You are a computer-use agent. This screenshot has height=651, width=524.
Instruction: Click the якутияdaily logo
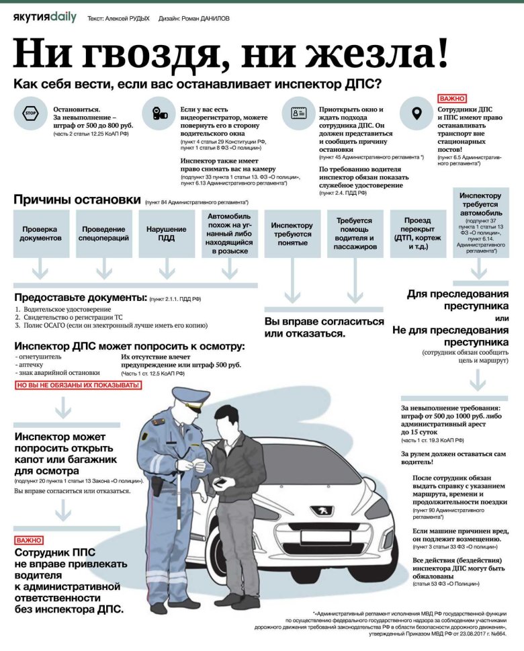[44, 17]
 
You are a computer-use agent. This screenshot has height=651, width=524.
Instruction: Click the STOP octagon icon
[30, 114]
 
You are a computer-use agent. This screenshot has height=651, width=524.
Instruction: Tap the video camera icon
[159, 114]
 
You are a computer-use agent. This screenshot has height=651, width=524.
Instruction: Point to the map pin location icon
[417, 114]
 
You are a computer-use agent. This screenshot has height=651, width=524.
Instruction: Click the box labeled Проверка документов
[40, 233]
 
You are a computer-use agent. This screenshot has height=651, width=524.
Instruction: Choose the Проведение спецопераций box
[103, 233]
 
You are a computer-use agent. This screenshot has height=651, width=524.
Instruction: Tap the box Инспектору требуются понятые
[292, 233]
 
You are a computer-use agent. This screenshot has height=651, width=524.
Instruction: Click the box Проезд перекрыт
[417, 233]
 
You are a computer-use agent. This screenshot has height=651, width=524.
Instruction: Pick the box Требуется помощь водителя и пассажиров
[354, 233]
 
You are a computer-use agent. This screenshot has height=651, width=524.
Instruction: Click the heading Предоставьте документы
[81, 297]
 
